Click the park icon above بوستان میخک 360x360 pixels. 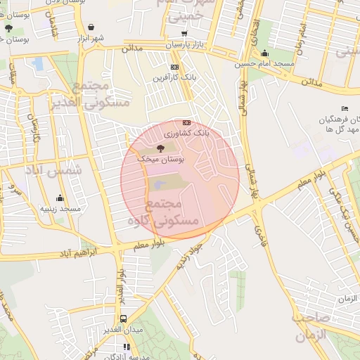point(161,148)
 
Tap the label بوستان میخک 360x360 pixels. point(161,160)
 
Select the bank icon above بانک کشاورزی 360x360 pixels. point(186,122)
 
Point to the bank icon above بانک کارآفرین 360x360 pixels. point(174,67)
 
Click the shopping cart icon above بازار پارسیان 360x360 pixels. point(184,33)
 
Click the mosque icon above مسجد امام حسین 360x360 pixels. point(264,53)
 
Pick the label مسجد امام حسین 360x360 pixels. point(265,64)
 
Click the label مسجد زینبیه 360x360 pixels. point(60,209)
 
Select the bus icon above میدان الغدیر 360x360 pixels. point(124,319)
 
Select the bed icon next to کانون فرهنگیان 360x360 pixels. point(344,108)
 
